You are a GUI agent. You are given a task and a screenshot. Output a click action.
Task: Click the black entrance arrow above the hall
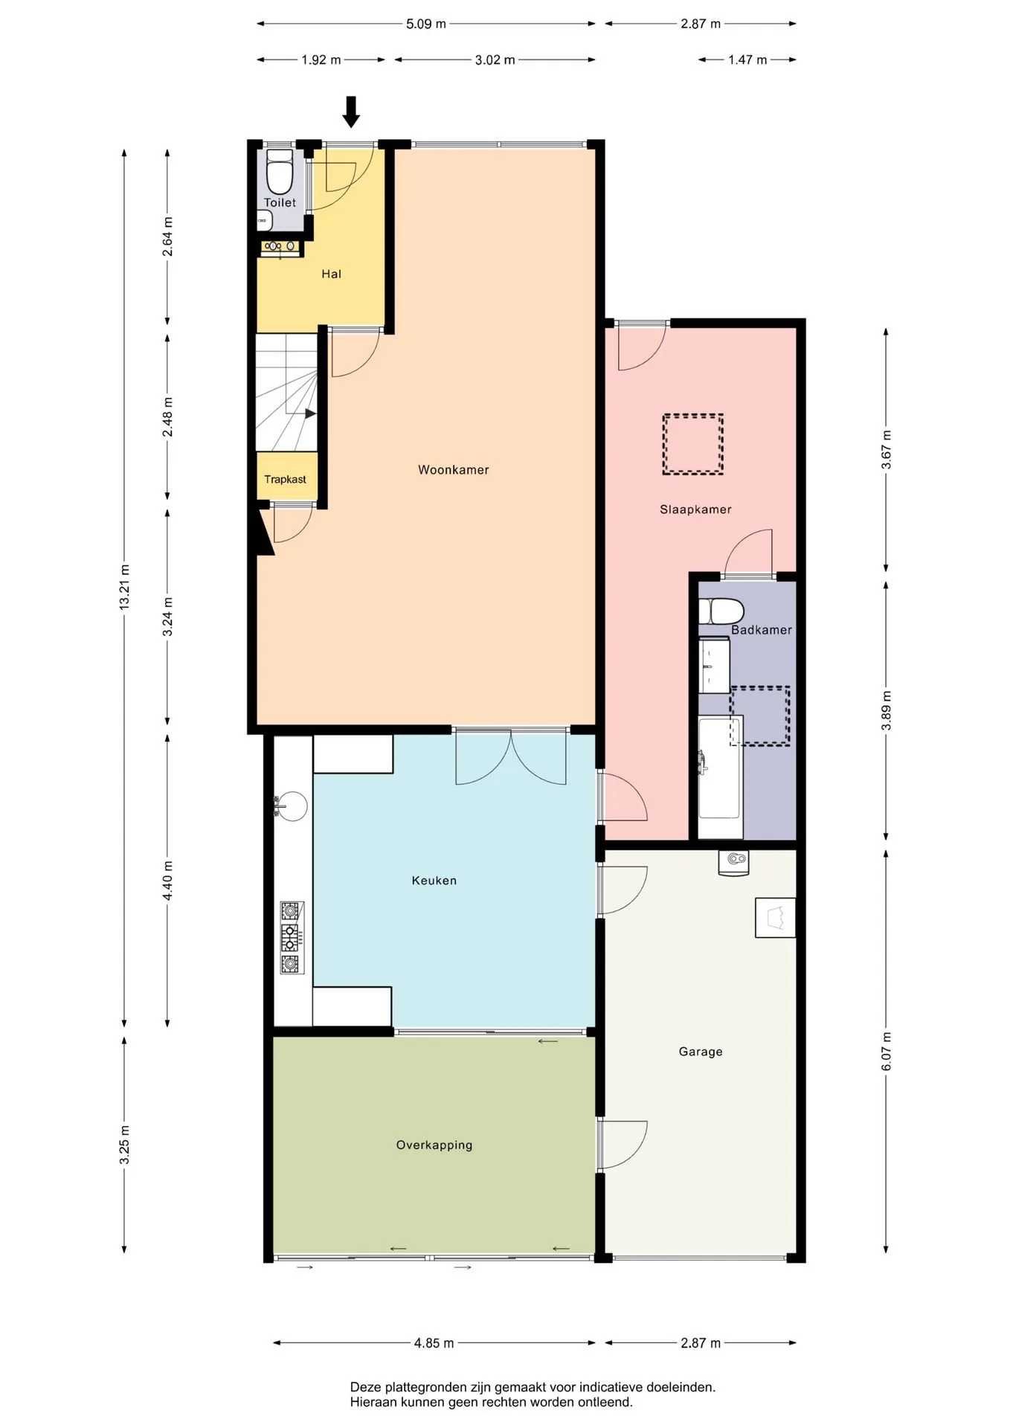[x=351, y=112]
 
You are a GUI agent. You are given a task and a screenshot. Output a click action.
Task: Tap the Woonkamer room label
[x=453, y=470]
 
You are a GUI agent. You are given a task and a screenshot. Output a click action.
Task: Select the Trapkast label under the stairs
[x=285, y=480]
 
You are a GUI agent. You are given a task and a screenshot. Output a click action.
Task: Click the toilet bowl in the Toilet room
[x=280, y=172]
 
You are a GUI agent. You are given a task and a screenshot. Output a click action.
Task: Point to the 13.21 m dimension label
[x=125, y=588]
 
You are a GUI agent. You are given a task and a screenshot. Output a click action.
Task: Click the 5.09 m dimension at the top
[x=426, y=24]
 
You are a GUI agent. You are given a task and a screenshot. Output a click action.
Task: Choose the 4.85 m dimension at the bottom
[x=434, y=1343]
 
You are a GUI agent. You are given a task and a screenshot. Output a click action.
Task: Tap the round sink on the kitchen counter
[x=292, y=806]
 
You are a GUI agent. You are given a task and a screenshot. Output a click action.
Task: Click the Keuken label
[x=434, y=881]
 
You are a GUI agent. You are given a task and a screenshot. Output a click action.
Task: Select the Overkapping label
[x=434, y=1145]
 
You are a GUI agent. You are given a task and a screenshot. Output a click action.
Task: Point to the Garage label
[x=701, y=1052]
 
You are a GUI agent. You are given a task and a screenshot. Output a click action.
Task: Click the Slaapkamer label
[x=695, y=509]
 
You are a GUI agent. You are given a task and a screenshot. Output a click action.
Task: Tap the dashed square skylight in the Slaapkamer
[x=693, y=444]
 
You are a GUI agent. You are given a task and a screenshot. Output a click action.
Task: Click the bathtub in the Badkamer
[x=720, y=777]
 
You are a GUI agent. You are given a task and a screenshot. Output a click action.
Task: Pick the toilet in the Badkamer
[x=721, y=611]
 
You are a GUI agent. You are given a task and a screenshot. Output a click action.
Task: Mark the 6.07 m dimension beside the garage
[x=886, y=1052]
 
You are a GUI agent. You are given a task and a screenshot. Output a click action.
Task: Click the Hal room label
[x=331, y=274]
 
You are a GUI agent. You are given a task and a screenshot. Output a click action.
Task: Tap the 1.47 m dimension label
[x=747, y=60]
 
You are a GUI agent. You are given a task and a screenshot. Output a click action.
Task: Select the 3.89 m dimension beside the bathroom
[x=886, y=710]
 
